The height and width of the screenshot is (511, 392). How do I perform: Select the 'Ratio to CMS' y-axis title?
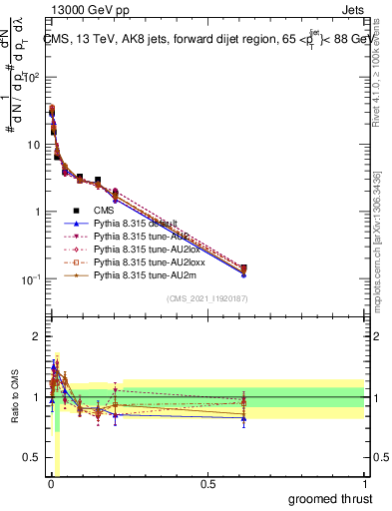[14, 397]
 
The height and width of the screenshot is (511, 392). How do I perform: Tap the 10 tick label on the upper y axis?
[33, 145]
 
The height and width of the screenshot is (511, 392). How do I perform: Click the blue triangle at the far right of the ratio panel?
[243, 418]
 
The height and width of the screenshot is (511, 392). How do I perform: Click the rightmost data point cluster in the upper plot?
[243, 269]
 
